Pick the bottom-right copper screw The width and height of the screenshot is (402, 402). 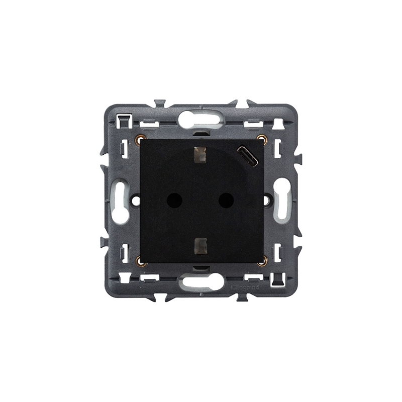[260, 262]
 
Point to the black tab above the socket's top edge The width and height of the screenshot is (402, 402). [201, 134]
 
